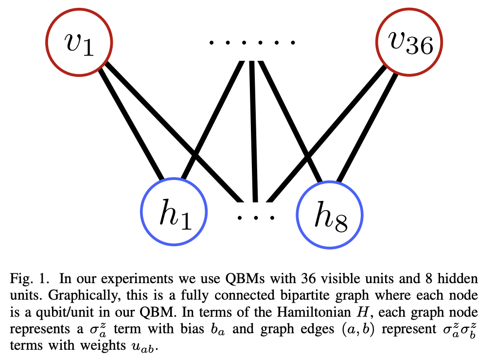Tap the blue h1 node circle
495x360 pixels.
pos(174,215)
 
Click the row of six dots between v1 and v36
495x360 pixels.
pos(252,43)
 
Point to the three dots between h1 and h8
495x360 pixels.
pos(256,216)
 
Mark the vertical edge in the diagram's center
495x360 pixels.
pos(253,131)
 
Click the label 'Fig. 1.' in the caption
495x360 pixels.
pos(25,279)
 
